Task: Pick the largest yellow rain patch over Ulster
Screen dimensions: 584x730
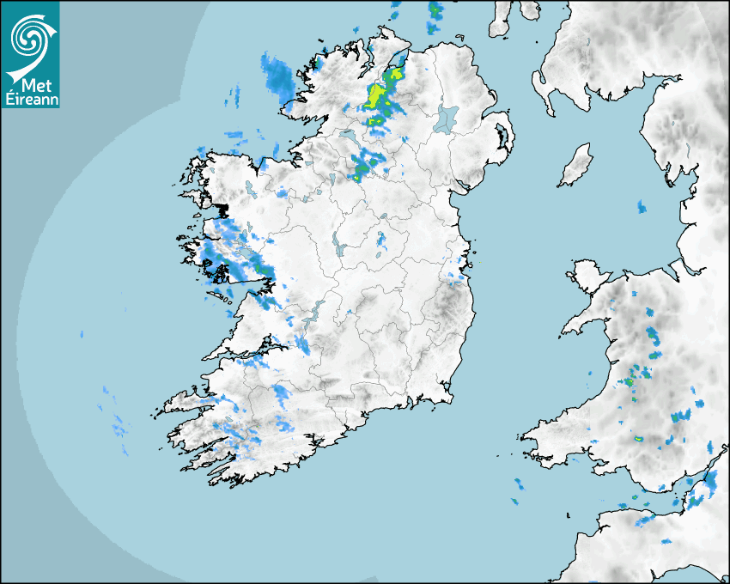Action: tap(378, 95)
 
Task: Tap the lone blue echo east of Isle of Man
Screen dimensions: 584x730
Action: tap(642, 207)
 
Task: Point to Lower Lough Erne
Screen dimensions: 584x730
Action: tap(349, 137)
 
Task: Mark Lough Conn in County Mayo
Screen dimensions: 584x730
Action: tap(250, 188)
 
